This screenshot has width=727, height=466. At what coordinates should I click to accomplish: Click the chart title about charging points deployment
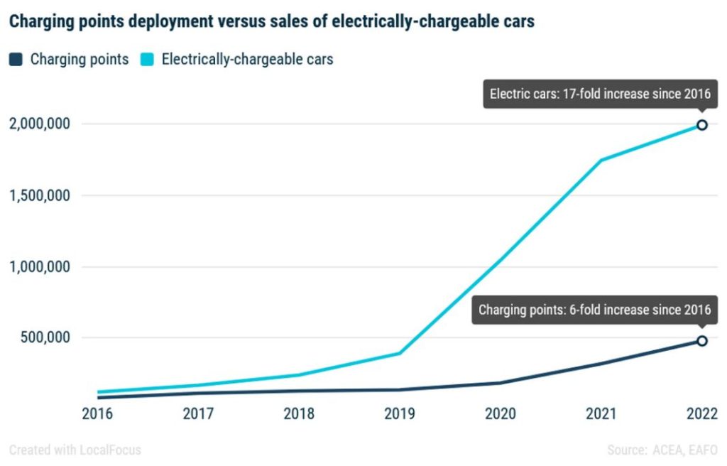[x=271, y=22]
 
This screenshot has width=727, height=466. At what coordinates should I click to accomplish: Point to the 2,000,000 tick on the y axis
[x=40, y=124]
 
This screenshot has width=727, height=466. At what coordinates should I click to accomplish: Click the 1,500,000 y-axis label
[x=40, y=195]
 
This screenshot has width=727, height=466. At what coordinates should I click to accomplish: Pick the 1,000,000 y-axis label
[x=40, y=267]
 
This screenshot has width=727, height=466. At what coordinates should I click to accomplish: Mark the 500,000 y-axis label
[x=45, y=337]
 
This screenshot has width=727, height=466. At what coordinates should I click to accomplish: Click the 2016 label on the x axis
[x=97, y=414]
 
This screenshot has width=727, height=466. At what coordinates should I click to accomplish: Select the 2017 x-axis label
[x=198, y=414]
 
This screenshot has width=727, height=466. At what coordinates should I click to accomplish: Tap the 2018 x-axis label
[x=299, y=414]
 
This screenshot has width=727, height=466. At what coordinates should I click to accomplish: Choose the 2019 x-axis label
[x=400, y=414]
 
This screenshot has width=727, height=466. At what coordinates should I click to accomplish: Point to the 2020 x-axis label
[x=501, y=414]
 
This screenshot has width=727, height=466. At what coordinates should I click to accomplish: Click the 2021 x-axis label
[x=601, y=414]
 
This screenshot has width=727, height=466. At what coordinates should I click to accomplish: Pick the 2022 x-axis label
[x=701, y=414]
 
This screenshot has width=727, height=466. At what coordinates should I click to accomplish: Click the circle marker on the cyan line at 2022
[x=701, y=125]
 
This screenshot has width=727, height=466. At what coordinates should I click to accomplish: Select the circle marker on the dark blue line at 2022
[x=701, y=341]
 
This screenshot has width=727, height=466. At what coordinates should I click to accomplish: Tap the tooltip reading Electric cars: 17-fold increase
[x=600, y=94]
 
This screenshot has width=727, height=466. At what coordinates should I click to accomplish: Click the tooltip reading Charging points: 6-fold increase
[x=594, y=310]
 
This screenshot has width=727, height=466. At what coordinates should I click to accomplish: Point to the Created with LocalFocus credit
[x=75, y=450]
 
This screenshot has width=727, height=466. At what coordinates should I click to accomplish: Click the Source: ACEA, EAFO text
[x=662, y=450]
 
